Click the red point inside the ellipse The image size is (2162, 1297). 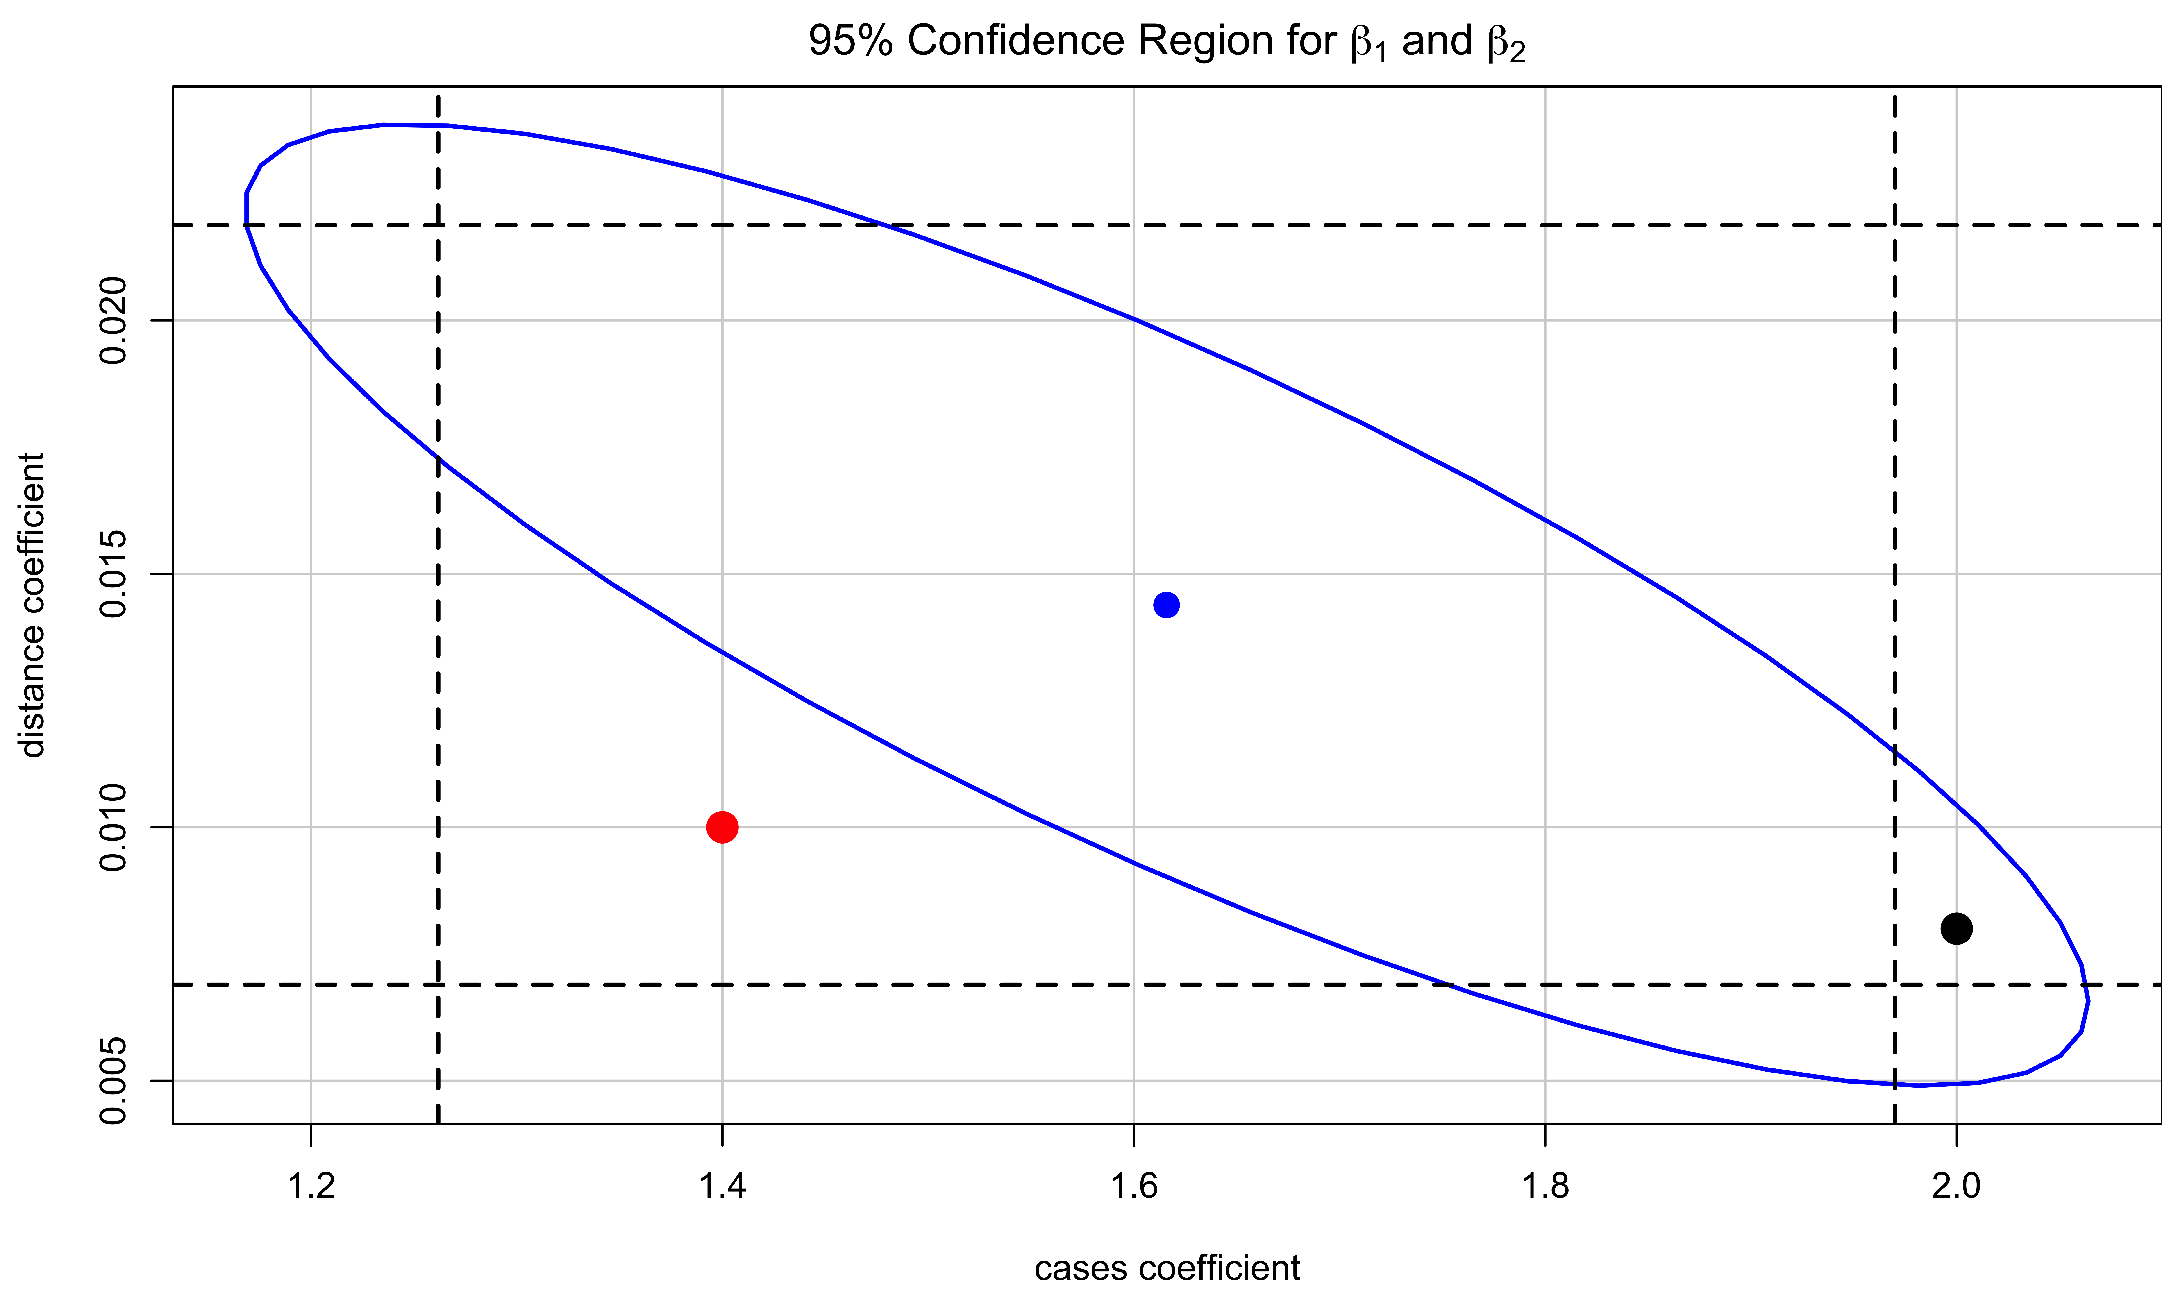point(722,827)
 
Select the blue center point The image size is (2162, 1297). point(1166,605)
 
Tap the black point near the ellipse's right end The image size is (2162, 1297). point(1956,928)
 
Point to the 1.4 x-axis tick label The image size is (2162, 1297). point(722,1186)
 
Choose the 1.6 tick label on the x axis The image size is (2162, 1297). point(1133,1186)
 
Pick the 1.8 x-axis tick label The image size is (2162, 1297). point(1545,1186)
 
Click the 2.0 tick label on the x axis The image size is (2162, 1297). point(1956,1186)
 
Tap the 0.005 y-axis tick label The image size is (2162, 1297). point(114,1081)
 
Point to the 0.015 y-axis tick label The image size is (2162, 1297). point(114,574)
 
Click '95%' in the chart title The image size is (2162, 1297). point(850,41)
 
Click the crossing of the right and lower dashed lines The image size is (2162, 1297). point(1895,985)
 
